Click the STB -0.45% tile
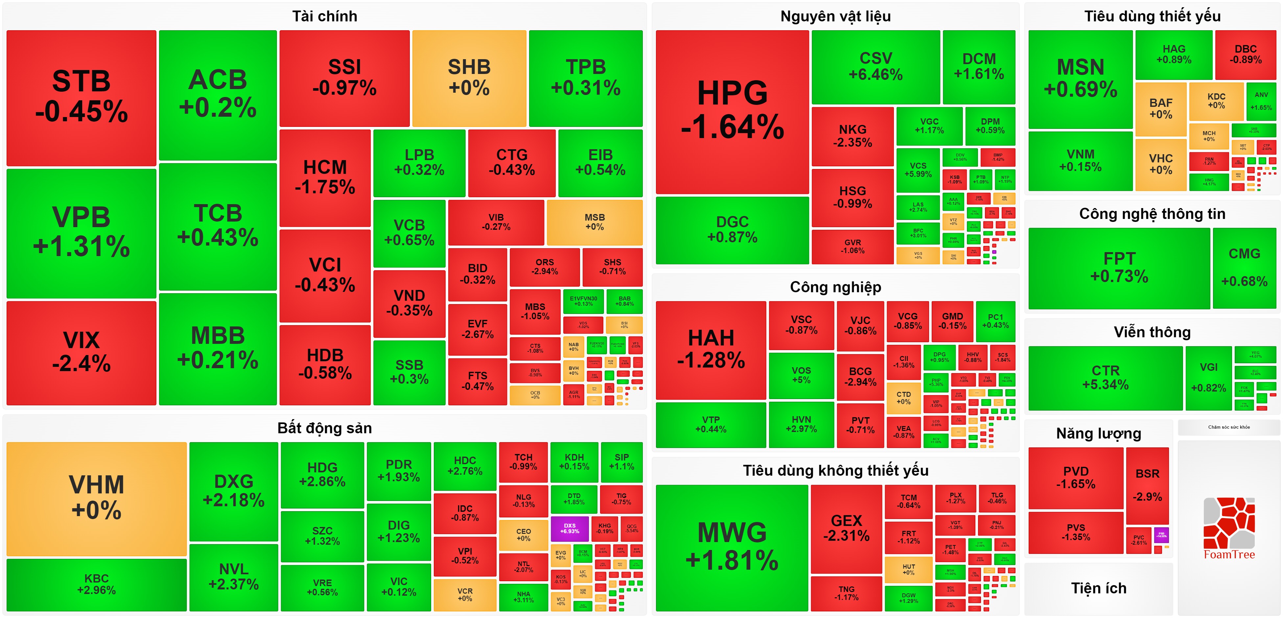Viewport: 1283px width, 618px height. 81,97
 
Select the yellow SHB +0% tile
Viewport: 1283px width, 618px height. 469,78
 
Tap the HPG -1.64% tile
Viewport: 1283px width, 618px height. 732,112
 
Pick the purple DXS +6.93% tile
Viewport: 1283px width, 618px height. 569,528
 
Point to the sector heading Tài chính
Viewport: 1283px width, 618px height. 324,16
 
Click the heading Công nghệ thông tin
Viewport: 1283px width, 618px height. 1152,214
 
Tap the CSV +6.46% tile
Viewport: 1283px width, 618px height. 875,66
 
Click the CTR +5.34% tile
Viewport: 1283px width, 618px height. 1105,378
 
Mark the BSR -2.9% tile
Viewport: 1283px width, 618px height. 1147,485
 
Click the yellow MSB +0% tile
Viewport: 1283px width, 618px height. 594,222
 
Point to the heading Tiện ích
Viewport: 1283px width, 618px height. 1099,588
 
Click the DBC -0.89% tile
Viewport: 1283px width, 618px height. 1245,54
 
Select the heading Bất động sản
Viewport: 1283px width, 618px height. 324,428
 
